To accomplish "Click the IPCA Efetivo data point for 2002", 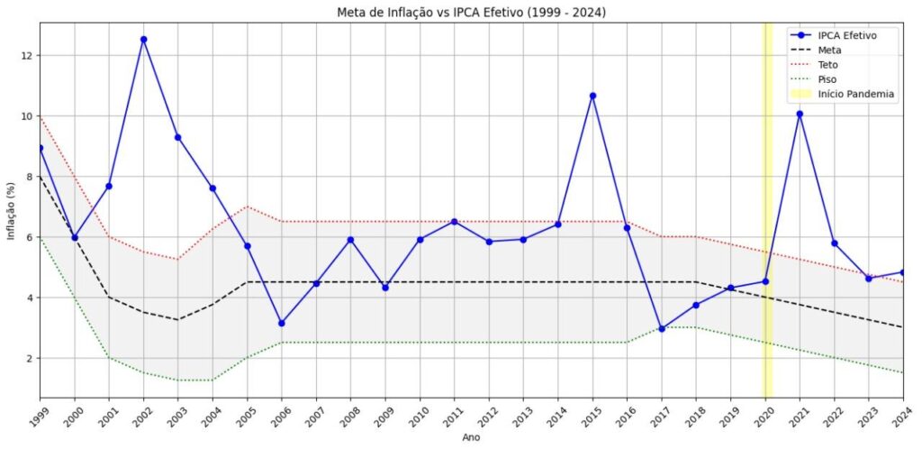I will pos(143,40).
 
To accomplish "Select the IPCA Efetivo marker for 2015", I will pos(592,96).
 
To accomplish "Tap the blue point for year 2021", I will pos(800,114).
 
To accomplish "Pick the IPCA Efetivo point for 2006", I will pos(282,323).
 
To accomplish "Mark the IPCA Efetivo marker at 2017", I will pos(662,329).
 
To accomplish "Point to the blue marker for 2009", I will pos(385,288).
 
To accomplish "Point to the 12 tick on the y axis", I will pos(26,55).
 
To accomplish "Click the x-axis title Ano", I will pos(471,437).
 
